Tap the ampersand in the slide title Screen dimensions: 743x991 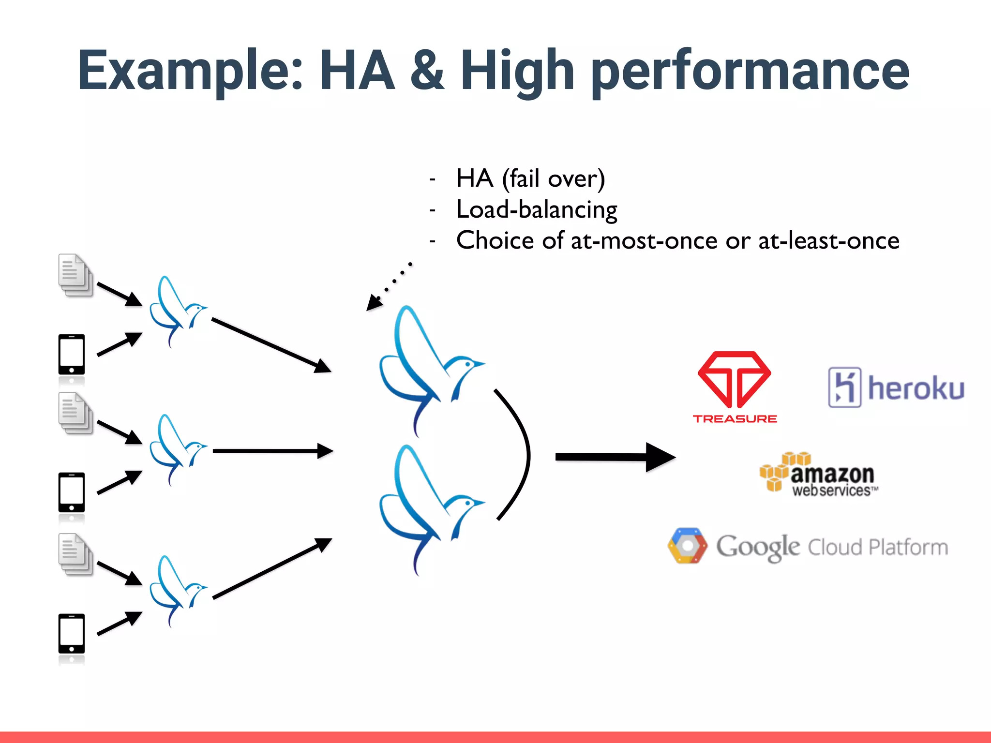[x=427, y=70]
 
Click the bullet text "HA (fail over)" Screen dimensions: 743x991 [x=530, y=178]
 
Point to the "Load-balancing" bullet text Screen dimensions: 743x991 [x=537, y=209]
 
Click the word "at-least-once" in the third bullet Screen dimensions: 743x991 [x=828, y=240]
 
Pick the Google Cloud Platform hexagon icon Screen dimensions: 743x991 [x=687, y=546]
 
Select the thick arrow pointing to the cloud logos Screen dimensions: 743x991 [x=615, y=457]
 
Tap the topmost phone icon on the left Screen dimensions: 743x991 [x=72, y=355]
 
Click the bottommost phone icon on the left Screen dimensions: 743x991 [x=72, y=634]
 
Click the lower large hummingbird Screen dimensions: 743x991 [x=426, y=508]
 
